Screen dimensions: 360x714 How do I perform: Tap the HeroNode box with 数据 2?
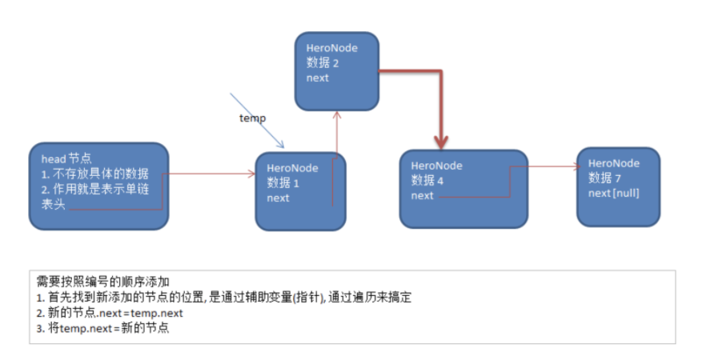(x=336, y=70)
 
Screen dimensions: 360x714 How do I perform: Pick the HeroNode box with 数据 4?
(x=463, y=188)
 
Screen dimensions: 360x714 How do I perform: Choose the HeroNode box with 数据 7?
(x=618, y=186)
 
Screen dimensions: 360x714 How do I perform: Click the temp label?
(x=252, y=118)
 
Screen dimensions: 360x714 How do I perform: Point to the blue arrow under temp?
(x=257, y=120)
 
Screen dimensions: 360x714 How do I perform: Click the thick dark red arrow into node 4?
(x=439, y=104)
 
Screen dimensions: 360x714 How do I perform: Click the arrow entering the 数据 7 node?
(x=552, y=167)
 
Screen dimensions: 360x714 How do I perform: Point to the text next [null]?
(x=613, y=192)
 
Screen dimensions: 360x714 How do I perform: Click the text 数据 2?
(x=323, y=62)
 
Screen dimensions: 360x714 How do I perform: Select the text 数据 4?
(x=427, y=180)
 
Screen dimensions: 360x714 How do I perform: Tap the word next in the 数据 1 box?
(x=279, y=198)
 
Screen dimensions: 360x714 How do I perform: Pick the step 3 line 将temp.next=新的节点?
(x=103, y=327)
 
